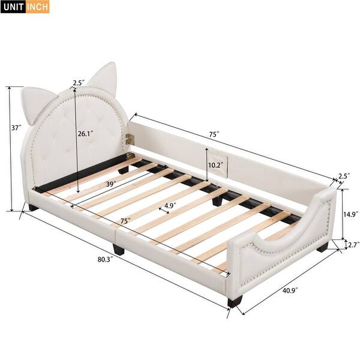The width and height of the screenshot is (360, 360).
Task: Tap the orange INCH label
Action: coord(38,7)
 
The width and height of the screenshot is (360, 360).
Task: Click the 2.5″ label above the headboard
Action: coord(78,83)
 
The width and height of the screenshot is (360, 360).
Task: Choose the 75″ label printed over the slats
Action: coord(125,221)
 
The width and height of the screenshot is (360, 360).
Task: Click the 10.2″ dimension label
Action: coord(215,164)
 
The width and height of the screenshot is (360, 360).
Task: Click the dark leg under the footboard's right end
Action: coord(323,246)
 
